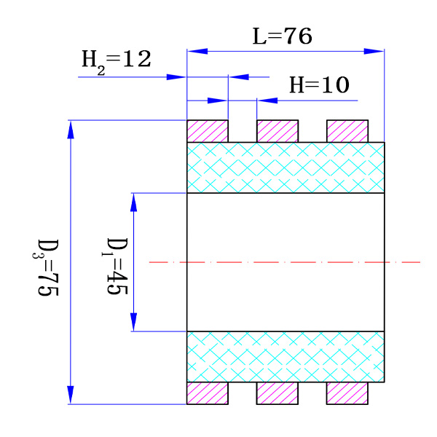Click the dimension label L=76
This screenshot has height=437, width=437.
[x=283, y=36]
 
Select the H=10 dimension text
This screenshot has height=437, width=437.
[x=320, y=85]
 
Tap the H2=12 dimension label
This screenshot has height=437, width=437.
[x=116, y=60]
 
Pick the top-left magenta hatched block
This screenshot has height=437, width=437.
[x=208, y=131]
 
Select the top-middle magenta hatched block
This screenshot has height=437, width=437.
[x=277, y=131]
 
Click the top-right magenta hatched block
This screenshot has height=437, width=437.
[x=347, y=131]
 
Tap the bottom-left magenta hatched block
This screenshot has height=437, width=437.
[x=208, y=393]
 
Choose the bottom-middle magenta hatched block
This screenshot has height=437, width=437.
[x=277, y=393]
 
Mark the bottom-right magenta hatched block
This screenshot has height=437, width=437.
[x=347, y=393]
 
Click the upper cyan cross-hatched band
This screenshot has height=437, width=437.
[x=286, y=168]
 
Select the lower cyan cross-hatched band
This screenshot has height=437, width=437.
[x=286, y=356]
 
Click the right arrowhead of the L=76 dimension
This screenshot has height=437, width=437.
[x=375, y=51]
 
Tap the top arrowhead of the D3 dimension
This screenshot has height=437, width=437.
[x=71, y=128]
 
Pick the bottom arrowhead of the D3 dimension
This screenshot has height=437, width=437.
[x=71, y=395]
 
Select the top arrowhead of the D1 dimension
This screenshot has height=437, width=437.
[x=134, y=202]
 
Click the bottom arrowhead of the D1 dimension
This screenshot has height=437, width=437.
[x=134, y=322]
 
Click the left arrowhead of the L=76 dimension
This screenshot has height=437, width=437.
[x=197, y=51]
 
